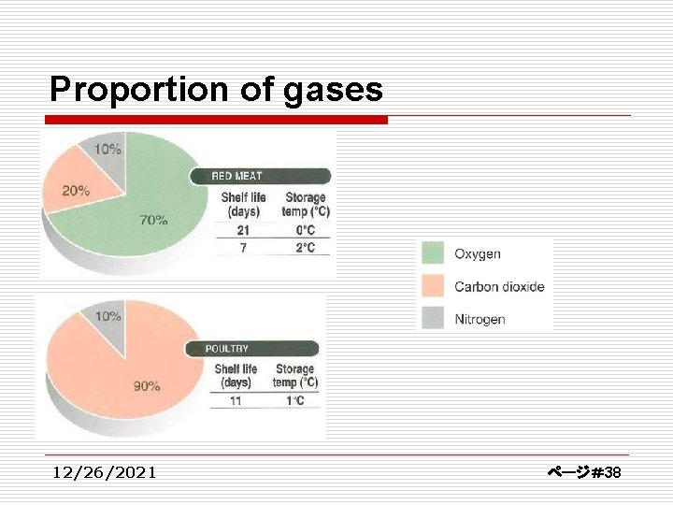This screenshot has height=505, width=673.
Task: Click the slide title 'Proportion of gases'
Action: pyautogui.click(x=216, y=90)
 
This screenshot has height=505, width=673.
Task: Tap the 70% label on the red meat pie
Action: pyautogui.click(x=154, y=221)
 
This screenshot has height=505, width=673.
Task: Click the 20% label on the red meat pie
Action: pyautogui.click(x=76, y=191)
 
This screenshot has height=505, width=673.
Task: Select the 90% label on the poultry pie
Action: pyautogui.click(x=146, y=385)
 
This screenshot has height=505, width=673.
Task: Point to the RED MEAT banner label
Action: pyautogui.click(x=236, y=176)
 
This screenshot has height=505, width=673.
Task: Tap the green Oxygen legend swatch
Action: pyautogui.click(x=433, y=253)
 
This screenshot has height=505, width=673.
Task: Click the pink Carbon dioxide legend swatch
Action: pyautogui.click(x=433, y=286)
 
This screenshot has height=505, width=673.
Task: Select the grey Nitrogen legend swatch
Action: pyautogui.click(x=433, y=319)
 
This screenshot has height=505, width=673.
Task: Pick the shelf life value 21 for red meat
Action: pyautogui.click(x=242, y=230)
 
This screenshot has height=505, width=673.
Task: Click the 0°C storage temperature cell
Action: pyautogui.click(x=305, y=230)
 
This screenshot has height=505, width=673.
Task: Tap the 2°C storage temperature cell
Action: pyautogui.click(x=305, y=248)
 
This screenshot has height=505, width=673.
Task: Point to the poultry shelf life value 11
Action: pyautogui.click(x=236, y=400)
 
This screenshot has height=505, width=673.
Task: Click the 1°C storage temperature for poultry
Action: pyautogui.click(x=294, y=400)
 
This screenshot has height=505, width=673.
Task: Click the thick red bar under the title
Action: pyautogui.click(x=216, y=120)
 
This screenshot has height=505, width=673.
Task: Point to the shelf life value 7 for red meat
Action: pyautogui.click(x=242, y=248)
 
